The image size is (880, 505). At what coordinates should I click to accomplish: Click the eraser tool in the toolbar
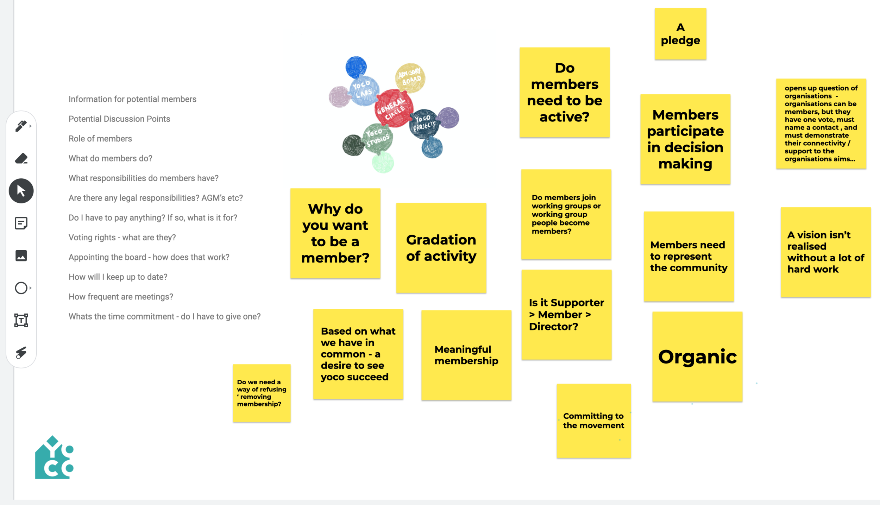[x=21, y=158]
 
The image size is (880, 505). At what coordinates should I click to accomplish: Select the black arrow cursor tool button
[x=21, y=191]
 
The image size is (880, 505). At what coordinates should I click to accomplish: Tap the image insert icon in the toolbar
[x=21, y=255]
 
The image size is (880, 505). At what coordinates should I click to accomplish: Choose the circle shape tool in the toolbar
[x=21, y=288]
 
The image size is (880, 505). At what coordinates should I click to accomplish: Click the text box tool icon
[x=21, y=320]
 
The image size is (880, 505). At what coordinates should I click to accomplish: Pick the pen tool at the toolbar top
[x=21, y=126]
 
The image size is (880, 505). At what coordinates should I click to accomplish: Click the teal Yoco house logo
[x=54, y=458]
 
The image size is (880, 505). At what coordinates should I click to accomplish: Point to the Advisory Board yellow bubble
[x=410, y=77]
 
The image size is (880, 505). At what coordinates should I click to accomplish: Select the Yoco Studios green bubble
[x=378, y=138]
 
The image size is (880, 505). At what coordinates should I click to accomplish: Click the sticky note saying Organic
[x=697, y=356]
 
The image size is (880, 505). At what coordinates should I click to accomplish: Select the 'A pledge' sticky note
[x=680, y=34]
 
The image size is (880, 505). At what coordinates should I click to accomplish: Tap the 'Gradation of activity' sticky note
[x=441, y=248]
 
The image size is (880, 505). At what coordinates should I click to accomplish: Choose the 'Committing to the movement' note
[x=593, y=421]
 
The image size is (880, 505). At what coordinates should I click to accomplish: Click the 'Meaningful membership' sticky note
[x=466, y=355]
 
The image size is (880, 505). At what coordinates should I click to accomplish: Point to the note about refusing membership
[x=262, y=393]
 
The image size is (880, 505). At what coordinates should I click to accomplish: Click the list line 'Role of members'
[x=100, y=139]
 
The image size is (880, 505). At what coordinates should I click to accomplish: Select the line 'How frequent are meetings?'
[x=121, y=297]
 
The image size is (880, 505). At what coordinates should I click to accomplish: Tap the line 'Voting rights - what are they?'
[x=122, y=238]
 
